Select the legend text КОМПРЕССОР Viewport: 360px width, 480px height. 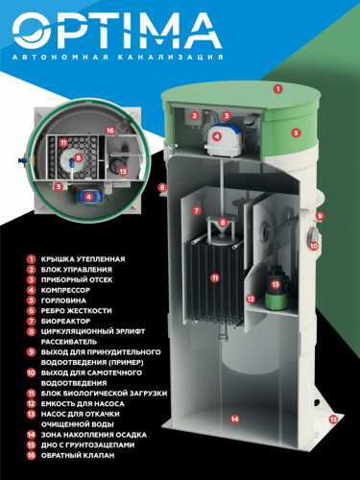click(65, 290)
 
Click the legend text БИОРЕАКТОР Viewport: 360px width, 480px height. click(65, 321)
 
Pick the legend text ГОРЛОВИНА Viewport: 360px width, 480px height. click(63, 300)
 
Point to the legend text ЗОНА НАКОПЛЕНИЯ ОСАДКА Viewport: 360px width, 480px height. click(94, 435)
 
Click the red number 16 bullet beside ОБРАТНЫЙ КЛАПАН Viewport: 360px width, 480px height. click(31, 455)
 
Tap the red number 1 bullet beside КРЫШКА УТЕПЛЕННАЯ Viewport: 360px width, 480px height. click(31, 259)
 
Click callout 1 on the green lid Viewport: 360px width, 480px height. click(278, 89)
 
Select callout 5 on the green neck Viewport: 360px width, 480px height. click(296, 132)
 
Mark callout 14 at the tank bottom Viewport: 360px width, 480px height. click(235, 419)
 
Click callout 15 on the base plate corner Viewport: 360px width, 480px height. click(333, 419)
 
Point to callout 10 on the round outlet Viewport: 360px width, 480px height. click(314, 246)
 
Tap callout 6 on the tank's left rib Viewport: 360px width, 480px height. click(162, 187)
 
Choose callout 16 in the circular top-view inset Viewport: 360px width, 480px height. click(110, 131)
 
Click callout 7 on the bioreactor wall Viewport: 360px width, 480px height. click(197, 210)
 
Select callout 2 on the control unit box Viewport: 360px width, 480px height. click(194, 116)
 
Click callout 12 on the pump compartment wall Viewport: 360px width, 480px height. click(251, 299)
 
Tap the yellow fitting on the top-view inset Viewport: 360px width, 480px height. click(23, 158)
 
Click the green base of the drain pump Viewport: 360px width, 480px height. click(276, 300)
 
